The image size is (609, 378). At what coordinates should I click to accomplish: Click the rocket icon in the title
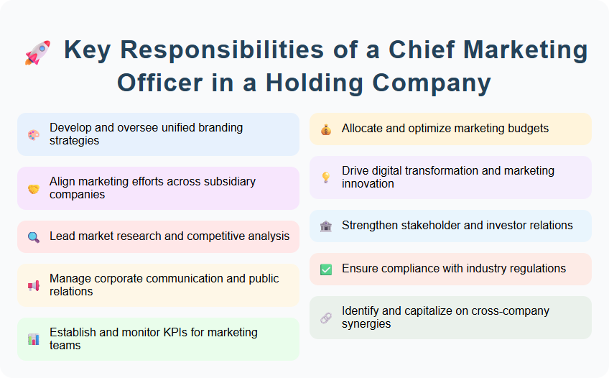[x=37, y=52]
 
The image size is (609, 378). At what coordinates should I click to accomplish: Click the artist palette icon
[x=34, y=134]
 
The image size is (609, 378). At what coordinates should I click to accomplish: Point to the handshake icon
[x=34, y=188]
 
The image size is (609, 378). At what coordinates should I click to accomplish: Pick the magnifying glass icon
[x=34, y=236]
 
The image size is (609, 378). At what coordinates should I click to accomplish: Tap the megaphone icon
[x=34, y=285]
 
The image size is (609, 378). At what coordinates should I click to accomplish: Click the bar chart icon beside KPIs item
[x=34, y=339]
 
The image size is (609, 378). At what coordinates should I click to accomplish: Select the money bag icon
[x=326, y=129]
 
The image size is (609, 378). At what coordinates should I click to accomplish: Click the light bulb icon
[x=326, y=178]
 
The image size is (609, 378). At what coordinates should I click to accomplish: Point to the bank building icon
[x=326, y=226]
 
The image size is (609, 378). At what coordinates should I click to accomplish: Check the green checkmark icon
[x=326, y=269]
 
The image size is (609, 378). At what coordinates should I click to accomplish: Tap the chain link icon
[x=326, y=318]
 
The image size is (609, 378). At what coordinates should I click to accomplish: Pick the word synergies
[x=367, y=324]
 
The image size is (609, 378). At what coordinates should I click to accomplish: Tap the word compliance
[x=412, y=269]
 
